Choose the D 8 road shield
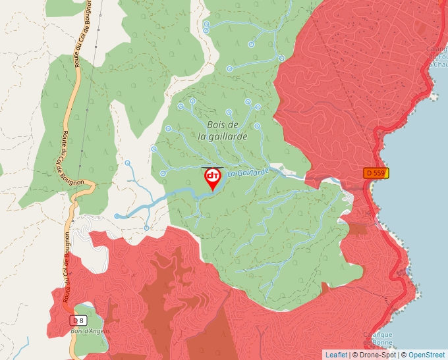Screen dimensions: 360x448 (x=78, y=320)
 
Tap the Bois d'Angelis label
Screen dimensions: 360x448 (x=90, y=331)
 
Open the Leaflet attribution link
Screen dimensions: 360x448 (x=336, y=355)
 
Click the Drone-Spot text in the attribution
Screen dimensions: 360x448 (x=376, y=355)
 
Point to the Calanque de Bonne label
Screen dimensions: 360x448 (x=381, y=338)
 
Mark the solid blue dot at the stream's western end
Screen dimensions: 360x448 (x=117, y=216)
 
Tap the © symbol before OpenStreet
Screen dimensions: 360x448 (x=404, y=355)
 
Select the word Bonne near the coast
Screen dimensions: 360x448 (x=382, y=343)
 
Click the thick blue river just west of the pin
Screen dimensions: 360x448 (x=184, y=192)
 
